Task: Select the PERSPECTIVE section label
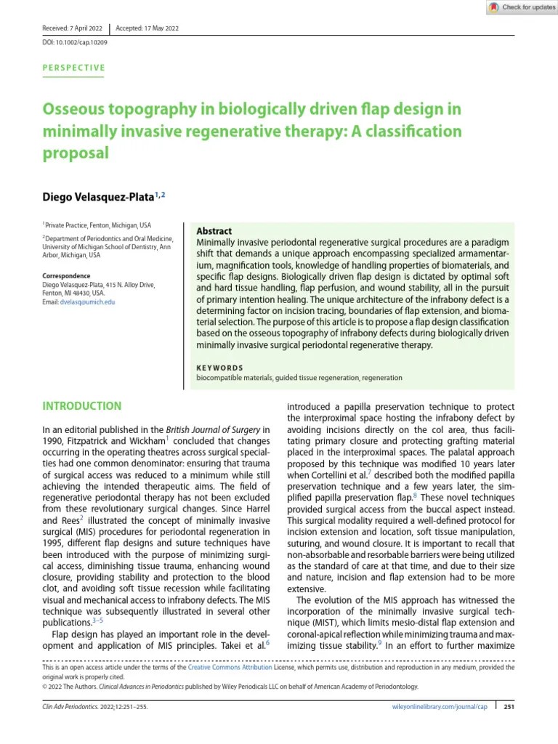click(x=73, y=68)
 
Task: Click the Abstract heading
click(x=214, y=230)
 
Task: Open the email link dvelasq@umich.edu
click(x=88, y=302)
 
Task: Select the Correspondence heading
click(x=66, y=276)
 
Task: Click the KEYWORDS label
click(x=220, y=368)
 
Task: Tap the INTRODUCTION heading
click(x=81, y=405)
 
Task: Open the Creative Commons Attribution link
click(x=230, y=667)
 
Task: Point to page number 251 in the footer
click(x=509, y=706)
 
